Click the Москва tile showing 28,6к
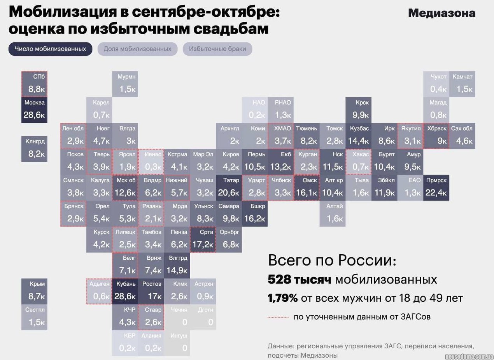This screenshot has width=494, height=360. [x=34, y=110]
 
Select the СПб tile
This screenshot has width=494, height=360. [x=34, y=84]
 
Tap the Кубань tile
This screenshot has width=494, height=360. [x=125, y=291]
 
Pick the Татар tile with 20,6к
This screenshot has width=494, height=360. [x=229, y=187]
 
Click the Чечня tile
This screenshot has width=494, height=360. [x=177, y=317]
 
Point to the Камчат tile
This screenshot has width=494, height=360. [x=462, y=84]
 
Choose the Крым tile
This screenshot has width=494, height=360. [x=34, y=291]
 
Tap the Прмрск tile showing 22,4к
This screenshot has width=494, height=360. [x=436, y=187]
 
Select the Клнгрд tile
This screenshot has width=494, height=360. [x=34, y=149]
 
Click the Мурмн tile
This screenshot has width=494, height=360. [x=125, y=84]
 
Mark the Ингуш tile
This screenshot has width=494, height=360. [x=177, y=343]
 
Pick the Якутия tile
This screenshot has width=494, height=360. [x=410, y=136]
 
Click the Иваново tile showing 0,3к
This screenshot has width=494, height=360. [x=151, y=162]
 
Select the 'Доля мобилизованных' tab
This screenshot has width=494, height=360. [x=137, y=49]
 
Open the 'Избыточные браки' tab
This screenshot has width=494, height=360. [x=217, y=49]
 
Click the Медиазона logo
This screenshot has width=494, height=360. [x=441, y=13]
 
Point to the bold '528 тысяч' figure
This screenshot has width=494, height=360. [x=300, y=280]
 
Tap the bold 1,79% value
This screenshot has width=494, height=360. [x=283, y=298]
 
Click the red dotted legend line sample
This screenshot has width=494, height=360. [x=278, y=317]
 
